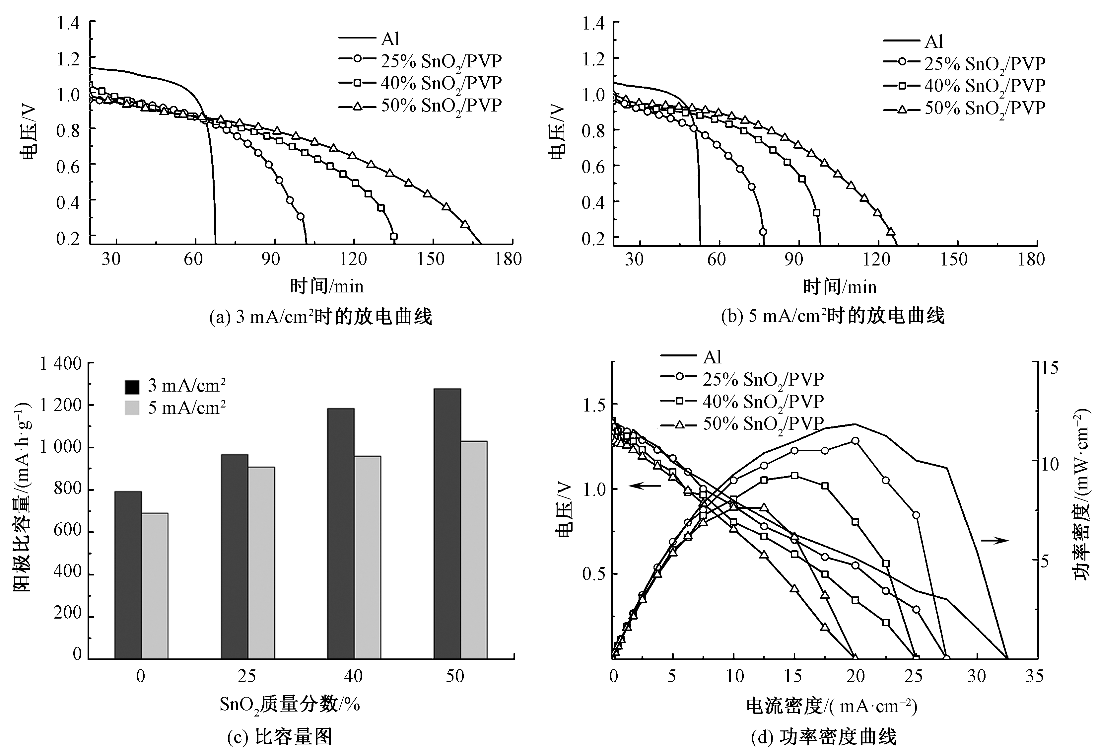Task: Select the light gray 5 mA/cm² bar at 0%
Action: [x=155, y=585]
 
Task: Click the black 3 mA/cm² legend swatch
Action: [x=132, y=386]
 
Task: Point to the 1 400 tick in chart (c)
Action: [x=60, y=363]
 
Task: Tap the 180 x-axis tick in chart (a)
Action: [x=508, y=259]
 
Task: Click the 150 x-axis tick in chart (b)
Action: [x=954, y=259]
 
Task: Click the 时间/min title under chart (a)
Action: [x=327, y=286]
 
